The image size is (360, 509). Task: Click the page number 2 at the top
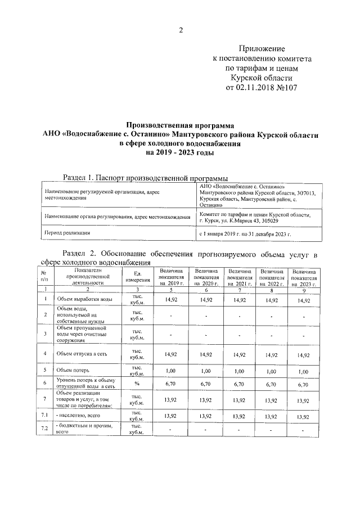tap(181, 30)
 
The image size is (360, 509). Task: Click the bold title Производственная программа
tap(180, 125)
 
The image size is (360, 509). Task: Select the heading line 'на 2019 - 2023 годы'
tap(180, 152)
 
